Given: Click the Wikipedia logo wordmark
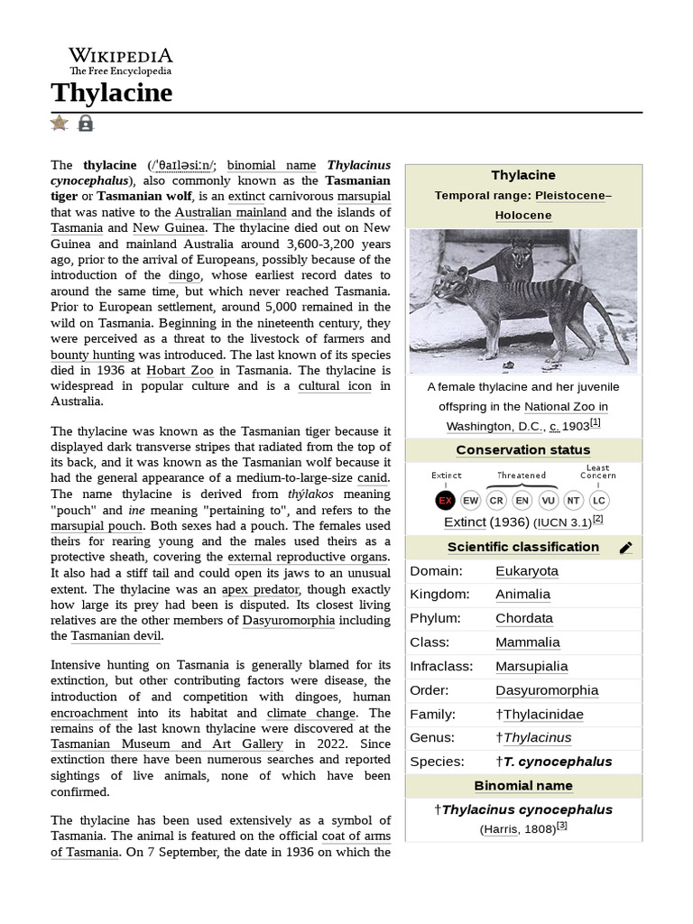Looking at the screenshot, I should pos(120,56).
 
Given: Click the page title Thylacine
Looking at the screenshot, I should pos(111,92).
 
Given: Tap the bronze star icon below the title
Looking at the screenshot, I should pos(60,123).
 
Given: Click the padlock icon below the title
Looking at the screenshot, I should pos(86,123).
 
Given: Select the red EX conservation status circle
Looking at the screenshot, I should pos(445,500).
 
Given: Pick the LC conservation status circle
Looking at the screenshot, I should pos(598,500).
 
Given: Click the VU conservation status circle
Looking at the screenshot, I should pos(548,500).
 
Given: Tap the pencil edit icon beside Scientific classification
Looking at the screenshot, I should pos(625,548).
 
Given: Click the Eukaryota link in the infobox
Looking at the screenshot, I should pos(526,571).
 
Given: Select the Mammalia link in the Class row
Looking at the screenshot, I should pos(527,642).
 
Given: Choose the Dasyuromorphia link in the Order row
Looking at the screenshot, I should pos(546,690).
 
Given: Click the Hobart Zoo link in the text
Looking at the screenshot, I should pos(180,371).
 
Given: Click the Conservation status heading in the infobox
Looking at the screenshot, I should pos(523,450).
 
